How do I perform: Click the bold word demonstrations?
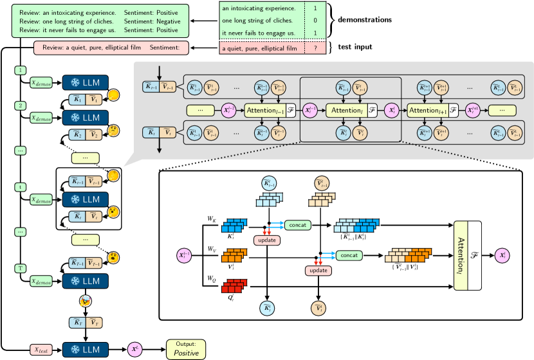(x=365, y=20)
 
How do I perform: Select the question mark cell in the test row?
(x=315, y=48)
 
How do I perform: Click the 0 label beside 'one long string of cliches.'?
(x=315, y=21)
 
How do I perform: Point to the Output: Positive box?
(x=187, y=349)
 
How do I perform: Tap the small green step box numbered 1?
(x=23, y=69)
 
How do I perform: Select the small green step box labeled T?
(x=23, y=266)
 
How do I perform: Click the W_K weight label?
(x=211, y=219)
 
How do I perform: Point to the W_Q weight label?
(x=211, y=278)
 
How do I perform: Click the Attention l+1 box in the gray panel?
(x=427, y=111)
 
